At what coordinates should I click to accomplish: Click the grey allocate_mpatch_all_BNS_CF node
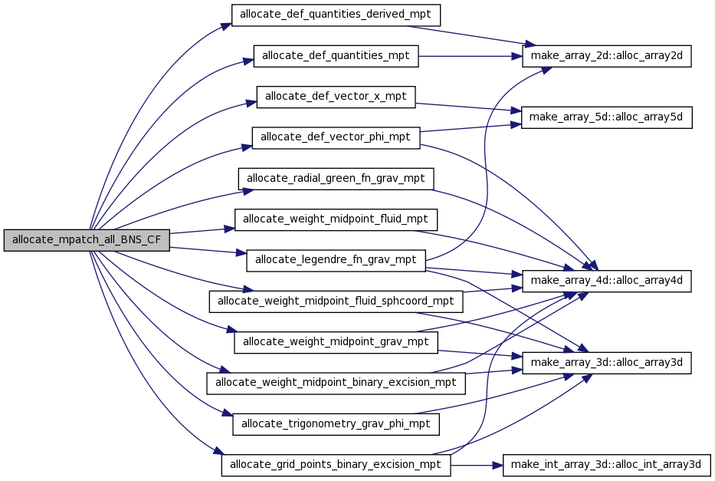87,239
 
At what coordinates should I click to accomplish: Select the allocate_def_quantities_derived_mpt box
336,15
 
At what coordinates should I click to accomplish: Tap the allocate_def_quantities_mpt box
336,56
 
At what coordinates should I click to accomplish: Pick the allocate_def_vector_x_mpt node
336,97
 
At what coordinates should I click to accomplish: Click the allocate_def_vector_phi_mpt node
336,138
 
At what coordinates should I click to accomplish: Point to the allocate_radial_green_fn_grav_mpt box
336,179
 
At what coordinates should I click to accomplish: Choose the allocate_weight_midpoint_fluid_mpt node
336,219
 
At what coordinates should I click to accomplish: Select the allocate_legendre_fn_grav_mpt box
336,260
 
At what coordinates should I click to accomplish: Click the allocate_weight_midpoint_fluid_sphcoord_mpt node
336,301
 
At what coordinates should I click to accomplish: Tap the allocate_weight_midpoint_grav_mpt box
336,341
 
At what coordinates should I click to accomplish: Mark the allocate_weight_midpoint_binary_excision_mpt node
336,382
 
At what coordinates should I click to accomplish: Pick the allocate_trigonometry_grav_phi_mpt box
336,423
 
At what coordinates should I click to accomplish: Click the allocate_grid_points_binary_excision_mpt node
336,465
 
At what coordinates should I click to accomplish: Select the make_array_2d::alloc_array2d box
607,56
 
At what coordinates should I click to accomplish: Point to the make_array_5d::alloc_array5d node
607,117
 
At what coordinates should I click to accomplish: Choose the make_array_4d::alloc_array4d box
607,281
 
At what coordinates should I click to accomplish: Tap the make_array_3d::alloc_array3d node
607,362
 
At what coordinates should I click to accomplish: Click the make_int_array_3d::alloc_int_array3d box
607,465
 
